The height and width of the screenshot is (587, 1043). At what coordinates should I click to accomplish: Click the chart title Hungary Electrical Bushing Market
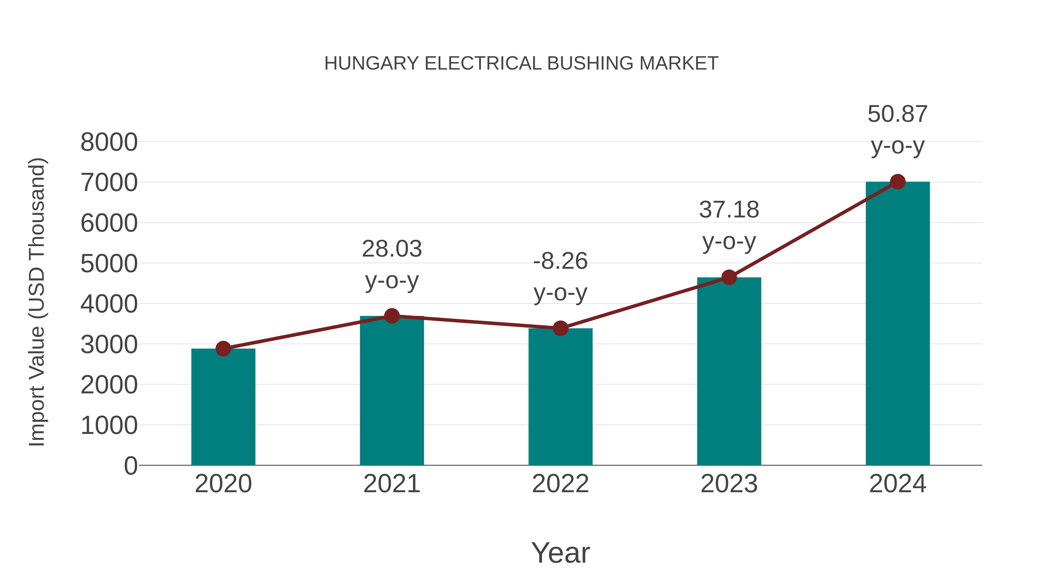[x=521, y=63]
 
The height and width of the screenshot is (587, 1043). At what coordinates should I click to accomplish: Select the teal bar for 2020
[x=223, y=407]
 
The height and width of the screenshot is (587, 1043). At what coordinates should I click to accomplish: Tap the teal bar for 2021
[x=391, y=391]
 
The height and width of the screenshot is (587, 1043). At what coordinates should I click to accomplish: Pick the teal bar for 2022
[x=560, y=397]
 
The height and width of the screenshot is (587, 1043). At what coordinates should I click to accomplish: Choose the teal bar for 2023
[x=729, y=372]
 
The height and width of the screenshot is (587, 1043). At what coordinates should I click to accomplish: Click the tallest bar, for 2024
[x=898, y=324]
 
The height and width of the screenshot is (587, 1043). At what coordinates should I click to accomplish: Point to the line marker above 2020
[x=223, y=348]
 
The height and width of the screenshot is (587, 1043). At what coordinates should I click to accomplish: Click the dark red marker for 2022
[x=560, y=328]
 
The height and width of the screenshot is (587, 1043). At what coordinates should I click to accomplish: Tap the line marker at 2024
[x=898, y=182]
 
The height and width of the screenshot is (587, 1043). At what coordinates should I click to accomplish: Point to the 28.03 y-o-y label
[x=391, y=265]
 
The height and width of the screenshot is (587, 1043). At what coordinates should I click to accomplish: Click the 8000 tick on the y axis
[x=109, y=142]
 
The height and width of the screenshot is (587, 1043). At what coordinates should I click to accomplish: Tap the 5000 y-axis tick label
[x=109, y=264]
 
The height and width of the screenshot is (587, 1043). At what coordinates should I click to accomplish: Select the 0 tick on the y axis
[x=131, y=466]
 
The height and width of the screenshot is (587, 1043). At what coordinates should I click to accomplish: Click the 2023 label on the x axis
[x=729, y=484]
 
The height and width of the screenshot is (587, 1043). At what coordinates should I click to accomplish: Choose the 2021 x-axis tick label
[x=391, y=484]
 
